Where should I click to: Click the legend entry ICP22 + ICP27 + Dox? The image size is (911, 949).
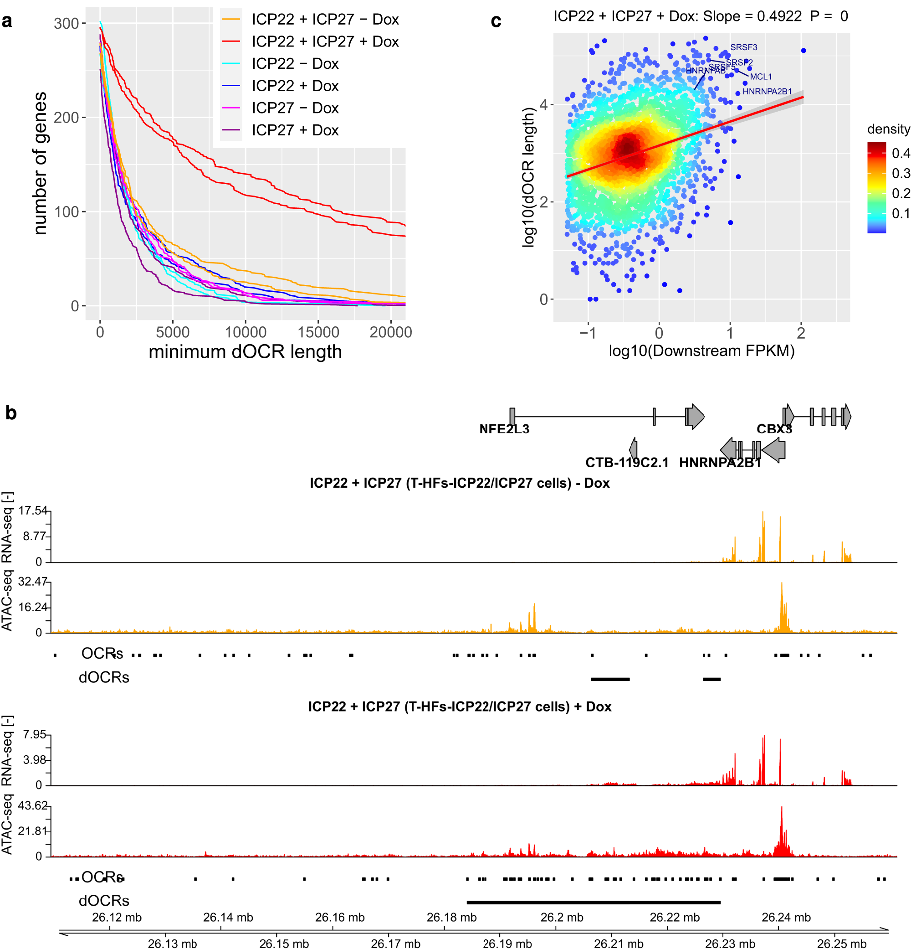325,41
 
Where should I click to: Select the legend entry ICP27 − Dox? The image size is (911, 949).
295,108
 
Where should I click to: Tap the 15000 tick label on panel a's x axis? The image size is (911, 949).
318,332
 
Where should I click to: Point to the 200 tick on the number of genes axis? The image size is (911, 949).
67,118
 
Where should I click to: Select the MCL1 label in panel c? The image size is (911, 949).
761,77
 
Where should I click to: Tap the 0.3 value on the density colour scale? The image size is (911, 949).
901,173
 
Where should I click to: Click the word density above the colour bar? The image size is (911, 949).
888,129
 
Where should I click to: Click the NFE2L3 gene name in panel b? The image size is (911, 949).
504,429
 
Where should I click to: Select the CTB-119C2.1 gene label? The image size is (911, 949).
626,463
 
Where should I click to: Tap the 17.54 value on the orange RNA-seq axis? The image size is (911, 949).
33,511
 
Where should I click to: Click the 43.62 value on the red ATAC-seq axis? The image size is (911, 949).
32,806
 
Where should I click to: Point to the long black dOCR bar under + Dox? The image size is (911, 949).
593,903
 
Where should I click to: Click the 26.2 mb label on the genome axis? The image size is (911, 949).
561,918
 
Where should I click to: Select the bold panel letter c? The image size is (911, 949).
496,21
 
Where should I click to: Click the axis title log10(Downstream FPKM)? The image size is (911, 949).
701,351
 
